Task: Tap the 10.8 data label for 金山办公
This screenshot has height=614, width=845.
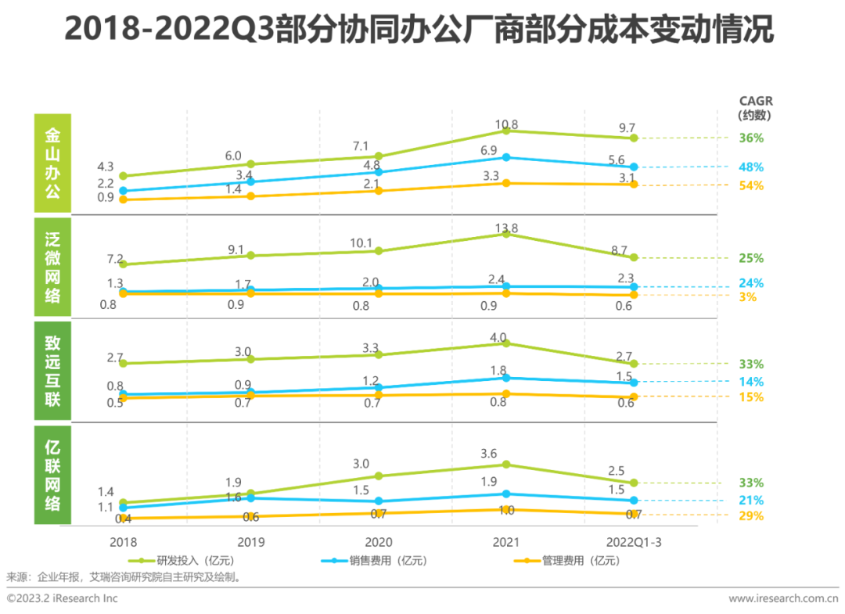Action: [x=506, y=124]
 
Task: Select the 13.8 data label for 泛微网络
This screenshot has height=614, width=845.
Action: [x=506, y=228]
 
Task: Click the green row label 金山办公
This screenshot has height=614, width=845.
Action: [x=52, y=163]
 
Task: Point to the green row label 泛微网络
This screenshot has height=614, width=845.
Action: [x=52, y=268]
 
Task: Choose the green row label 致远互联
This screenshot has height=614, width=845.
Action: [x=52, y=372]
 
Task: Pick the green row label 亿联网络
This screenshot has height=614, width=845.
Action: [x=52, y=475]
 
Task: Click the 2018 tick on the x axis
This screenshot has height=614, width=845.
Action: [x=124, y=542]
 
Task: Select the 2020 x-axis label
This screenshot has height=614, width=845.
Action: [x=378, y=542]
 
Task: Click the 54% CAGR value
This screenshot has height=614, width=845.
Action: [x=752, y=185]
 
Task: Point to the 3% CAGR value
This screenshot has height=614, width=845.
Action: [x=747, y=297]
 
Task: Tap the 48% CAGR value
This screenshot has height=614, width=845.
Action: [x=752, y=167]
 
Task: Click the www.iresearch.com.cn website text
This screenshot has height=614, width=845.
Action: [x=782, y=598]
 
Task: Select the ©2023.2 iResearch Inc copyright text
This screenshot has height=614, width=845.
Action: [x=63, y=598]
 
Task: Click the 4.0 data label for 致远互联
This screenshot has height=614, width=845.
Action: [x=506, y=338]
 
